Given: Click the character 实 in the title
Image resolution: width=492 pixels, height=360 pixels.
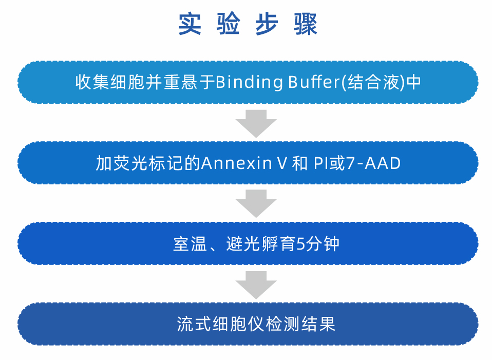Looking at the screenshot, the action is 190,24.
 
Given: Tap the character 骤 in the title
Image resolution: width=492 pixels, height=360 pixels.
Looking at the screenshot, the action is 306,24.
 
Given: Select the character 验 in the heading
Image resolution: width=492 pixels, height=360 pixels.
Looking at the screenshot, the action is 229,24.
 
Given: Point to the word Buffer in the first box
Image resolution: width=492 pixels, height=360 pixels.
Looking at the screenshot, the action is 314,82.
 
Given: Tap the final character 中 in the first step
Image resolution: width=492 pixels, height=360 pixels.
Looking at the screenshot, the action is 413,82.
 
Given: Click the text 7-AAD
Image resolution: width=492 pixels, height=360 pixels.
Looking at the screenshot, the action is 373,163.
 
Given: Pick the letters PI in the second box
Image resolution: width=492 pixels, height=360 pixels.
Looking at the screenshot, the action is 320,163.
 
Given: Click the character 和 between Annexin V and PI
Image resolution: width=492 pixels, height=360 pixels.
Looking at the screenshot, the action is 300,163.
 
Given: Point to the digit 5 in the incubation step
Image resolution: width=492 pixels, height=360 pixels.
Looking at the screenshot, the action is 300,244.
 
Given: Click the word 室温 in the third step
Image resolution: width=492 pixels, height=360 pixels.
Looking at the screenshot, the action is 190,244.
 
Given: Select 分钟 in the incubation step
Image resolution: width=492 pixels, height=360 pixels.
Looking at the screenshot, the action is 323,244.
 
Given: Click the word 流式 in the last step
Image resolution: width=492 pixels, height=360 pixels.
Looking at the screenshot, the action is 194,324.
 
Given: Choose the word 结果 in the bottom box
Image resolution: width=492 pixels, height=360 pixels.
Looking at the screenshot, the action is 319,324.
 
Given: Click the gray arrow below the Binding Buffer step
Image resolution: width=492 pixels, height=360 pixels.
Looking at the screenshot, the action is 256,124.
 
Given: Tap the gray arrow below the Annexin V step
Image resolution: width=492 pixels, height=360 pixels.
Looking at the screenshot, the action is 256,204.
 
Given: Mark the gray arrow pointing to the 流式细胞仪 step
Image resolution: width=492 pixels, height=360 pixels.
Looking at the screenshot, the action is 256,285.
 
